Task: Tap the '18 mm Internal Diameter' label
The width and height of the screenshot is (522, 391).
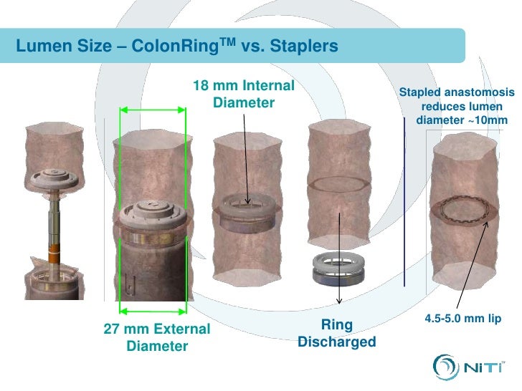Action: [x=244, y=95]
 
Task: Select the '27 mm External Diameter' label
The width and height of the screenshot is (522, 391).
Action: [x=157, y=338]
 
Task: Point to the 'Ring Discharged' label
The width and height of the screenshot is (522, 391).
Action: [x=336, y=333]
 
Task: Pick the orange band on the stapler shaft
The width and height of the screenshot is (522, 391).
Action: [x=55, y=255]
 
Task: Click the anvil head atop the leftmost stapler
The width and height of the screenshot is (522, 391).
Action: [x=54, y=178]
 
